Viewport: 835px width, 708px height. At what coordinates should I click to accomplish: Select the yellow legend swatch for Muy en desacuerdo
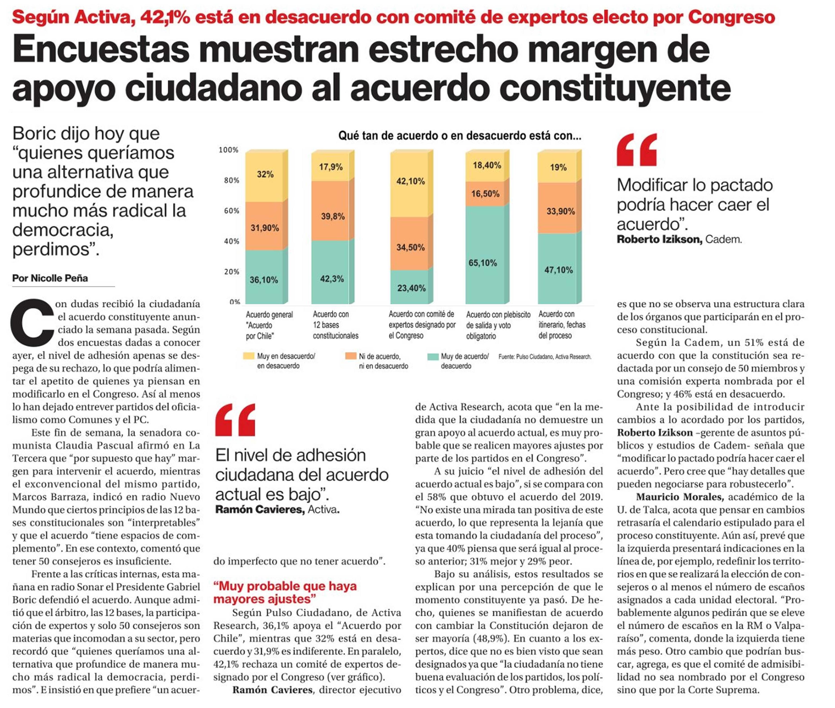click(249, 356)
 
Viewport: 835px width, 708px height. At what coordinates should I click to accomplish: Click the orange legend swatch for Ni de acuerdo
click(350, 356)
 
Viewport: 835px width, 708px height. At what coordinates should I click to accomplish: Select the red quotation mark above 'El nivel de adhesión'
click(235, 420)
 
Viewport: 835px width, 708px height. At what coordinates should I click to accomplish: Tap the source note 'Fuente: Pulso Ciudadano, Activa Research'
click(545, 356)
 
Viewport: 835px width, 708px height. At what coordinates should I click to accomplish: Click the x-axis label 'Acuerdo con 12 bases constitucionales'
click(335, 325)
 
